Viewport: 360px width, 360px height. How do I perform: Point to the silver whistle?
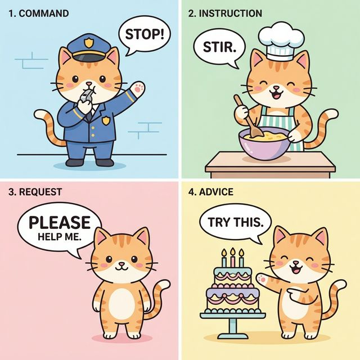[84, 97]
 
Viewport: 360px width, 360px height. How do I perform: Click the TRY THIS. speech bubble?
[235, 223]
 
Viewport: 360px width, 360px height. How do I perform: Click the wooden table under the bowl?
[270, 164]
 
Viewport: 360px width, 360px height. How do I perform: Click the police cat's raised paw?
[138, 88]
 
